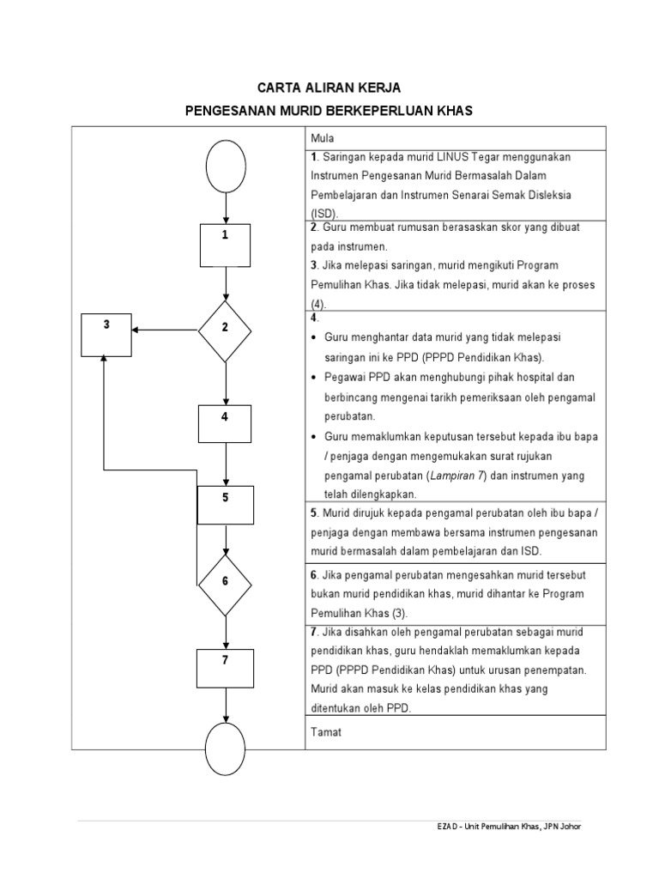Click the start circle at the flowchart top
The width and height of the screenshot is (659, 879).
pos(226,166)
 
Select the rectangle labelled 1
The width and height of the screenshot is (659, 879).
pos(225,245)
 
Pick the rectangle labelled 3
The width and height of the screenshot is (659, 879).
pos(106,334)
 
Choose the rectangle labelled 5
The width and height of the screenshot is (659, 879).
pos(226,505)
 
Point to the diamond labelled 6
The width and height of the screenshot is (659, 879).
pos(225,582)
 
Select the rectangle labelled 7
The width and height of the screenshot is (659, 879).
pos(225,668)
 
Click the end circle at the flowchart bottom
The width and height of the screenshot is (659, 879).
pos(226,749)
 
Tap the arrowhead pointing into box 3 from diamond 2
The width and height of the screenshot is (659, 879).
pos(137,328)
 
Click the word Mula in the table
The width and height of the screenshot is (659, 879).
pos(323,138)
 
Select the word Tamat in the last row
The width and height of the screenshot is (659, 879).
pos(326,732)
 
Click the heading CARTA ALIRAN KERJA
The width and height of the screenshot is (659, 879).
pos(329,88)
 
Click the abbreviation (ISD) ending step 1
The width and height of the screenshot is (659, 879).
pos(324,213)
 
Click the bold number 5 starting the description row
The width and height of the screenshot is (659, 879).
pos(314,513)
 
